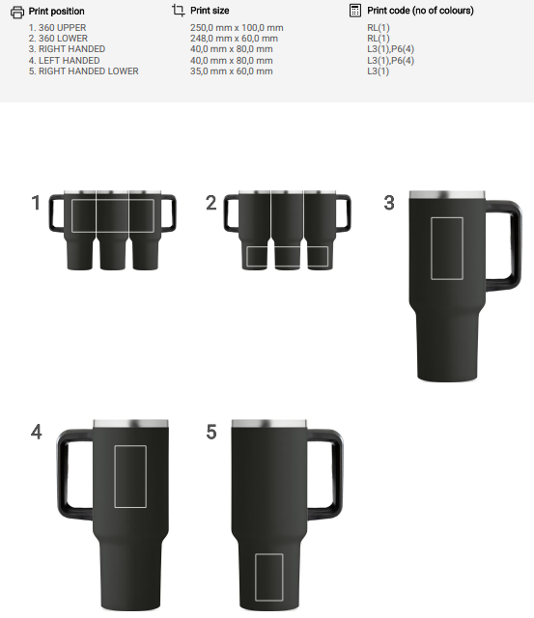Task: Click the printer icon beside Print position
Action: (17, 12)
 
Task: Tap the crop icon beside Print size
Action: (178, 11)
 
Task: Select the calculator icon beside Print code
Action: (354, 11)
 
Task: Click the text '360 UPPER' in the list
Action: (62, 28)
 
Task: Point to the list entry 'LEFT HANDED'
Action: (69, 60)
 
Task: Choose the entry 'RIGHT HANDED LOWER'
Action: (89, 70)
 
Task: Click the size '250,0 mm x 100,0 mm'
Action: (237, 28)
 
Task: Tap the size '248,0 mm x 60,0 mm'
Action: (234, 39)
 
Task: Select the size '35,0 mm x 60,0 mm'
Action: (232, 70)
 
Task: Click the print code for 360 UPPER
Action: (379, 28)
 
